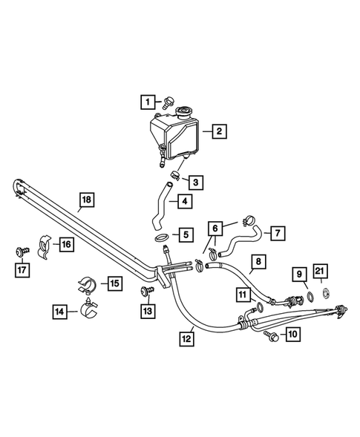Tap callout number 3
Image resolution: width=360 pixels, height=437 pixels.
[x=194, y=182]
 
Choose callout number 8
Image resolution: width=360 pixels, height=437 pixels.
[x=258, y=262]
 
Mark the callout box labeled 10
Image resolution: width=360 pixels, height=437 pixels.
[x=292, y=335]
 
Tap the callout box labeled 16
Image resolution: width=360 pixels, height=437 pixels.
[x=66, y=243]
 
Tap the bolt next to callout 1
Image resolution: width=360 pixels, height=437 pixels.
[x=169, y=99]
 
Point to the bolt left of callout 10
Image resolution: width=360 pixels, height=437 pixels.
[x=269, y=336]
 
